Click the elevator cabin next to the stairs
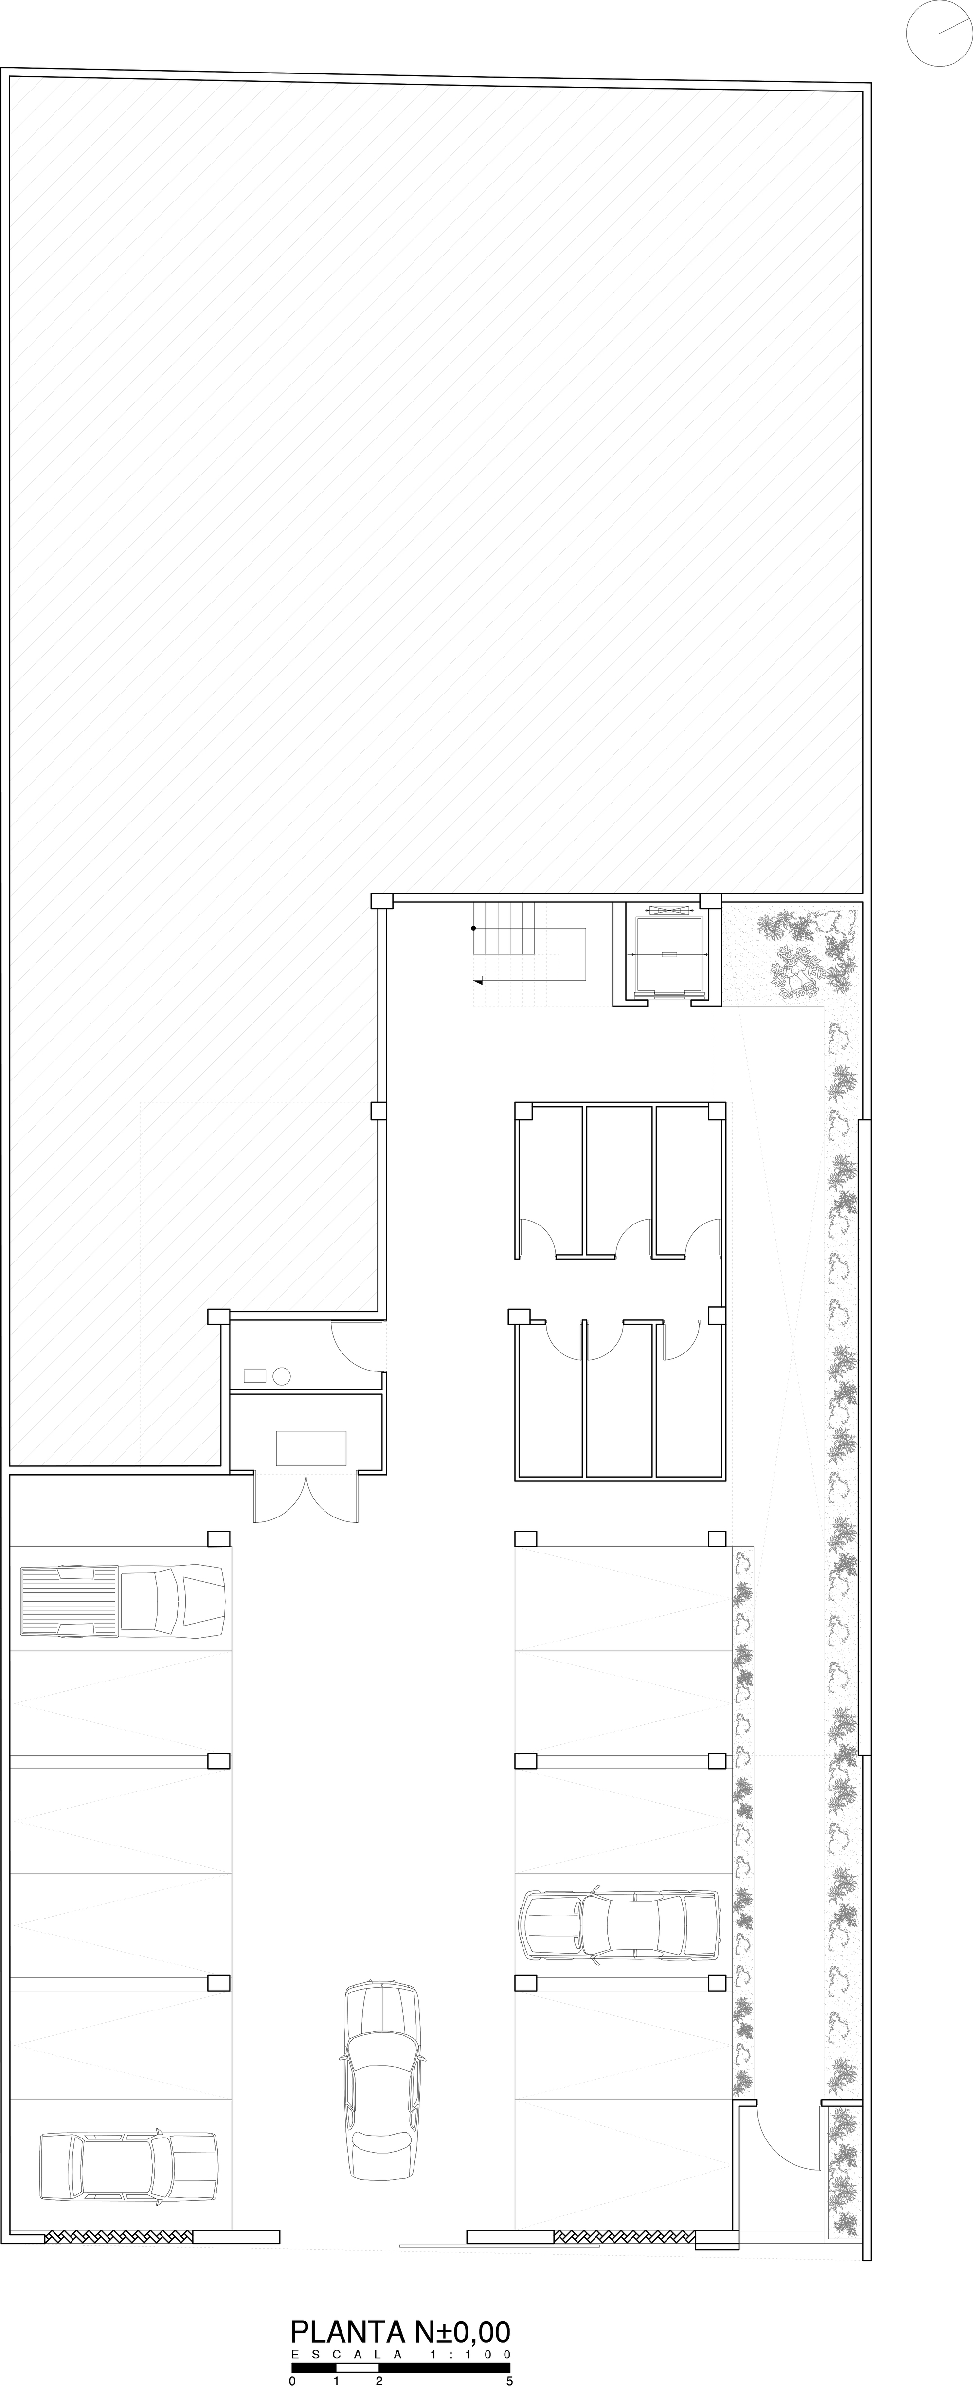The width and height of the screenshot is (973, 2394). [x=667, y=955]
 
